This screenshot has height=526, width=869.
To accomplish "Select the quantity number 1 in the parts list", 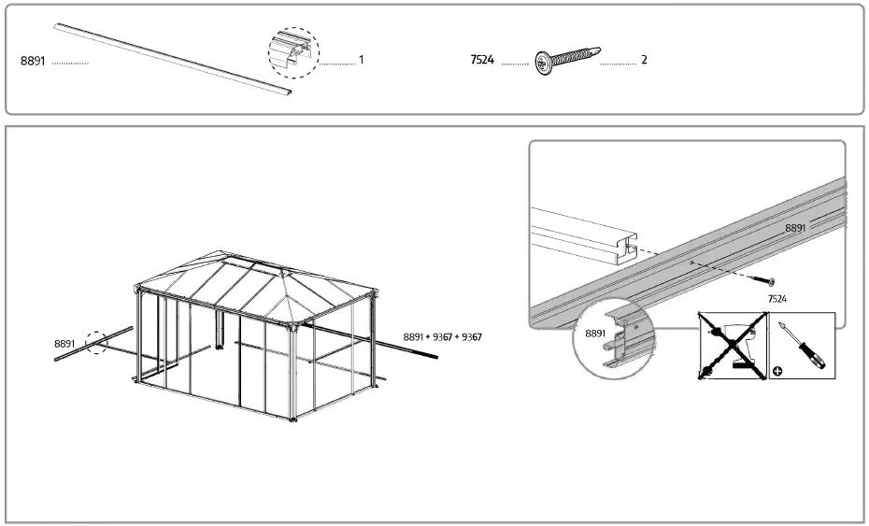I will point(361,60).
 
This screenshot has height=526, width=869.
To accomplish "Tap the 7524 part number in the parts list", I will point(482,61).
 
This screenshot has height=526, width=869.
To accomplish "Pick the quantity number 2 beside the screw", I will point(644,60).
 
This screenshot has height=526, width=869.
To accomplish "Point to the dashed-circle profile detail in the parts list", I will point(293,52).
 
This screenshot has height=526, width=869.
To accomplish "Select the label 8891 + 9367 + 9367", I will point(448,336).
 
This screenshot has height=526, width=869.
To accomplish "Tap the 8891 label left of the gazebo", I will point(65,344).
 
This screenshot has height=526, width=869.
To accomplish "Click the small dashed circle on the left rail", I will point(97,343).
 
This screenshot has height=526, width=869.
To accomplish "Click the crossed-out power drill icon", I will point(733,345).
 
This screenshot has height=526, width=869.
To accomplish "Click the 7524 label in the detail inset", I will point(776,298).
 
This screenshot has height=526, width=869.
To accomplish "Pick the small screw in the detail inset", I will point(769,280).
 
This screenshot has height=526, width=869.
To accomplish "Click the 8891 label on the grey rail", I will point(795,227).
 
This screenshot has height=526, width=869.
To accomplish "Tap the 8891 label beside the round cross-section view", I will point(595,333).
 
